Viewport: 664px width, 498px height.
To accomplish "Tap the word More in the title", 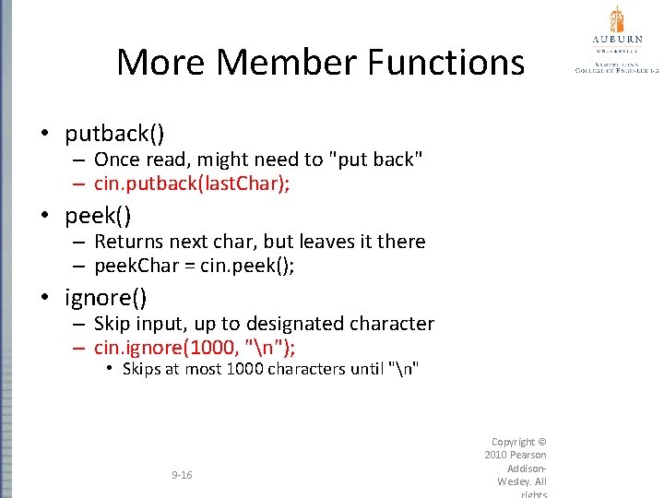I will tap(160, 63).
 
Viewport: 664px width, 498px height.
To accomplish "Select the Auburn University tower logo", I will tap(616, 20).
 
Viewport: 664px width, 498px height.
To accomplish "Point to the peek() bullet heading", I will tap(98, 216).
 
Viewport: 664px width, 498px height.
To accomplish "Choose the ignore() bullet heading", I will tap(105, 298).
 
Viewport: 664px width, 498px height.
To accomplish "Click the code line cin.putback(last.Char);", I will tap(192, 184).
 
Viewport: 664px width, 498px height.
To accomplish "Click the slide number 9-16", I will tap(182, 475).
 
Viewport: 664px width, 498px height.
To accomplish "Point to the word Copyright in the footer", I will tap(514, 442).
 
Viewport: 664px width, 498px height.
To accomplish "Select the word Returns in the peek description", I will tap(128, 242).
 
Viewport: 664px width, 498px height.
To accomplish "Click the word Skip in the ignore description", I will tap(113, 324).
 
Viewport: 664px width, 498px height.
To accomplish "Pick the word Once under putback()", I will tap(117, 160).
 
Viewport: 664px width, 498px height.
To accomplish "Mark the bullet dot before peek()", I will tap(44, 217).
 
